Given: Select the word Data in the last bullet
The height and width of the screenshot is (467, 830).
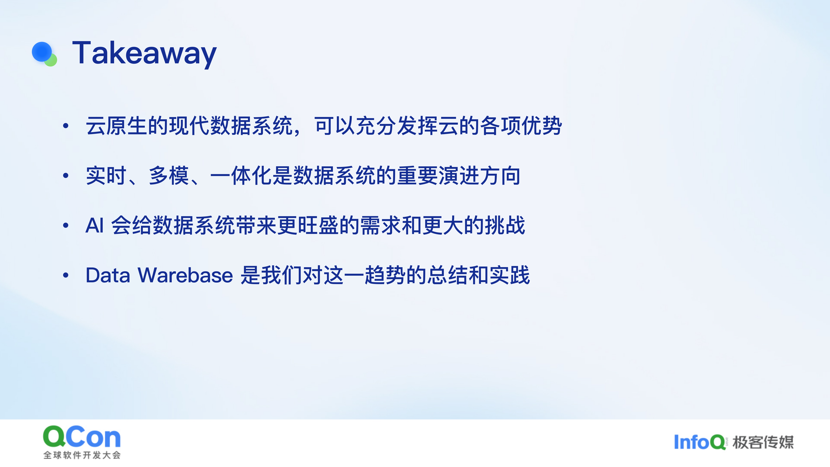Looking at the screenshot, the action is click(x=108, y=276).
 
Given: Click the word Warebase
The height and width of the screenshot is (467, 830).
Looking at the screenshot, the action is click(x=185, y=276).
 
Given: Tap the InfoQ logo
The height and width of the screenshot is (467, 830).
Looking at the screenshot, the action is click(x=700, y=442).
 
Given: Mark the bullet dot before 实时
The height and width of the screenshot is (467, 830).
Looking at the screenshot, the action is click(x=66, y=176).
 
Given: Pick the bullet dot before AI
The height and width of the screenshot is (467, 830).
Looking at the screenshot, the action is click(x=66, y=225).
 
